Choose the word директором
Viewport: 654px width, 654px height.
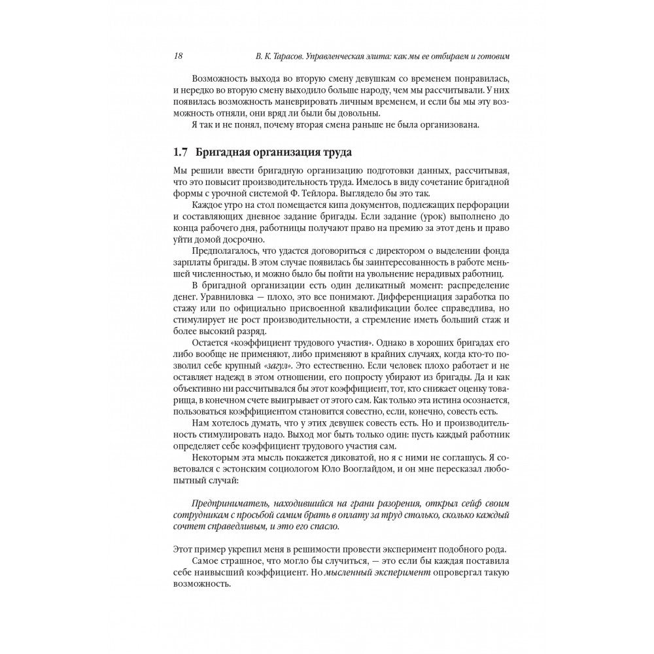coord(392,251)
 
